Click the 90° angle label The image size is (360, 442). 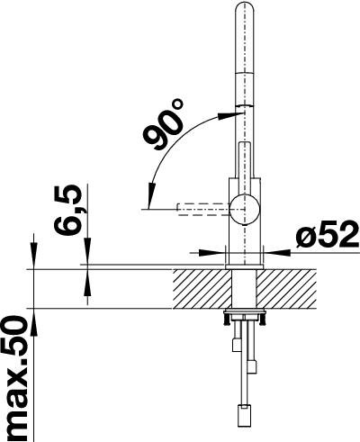[x=163, y=125]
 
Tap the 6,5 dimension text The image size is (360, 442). [x=67, y=210]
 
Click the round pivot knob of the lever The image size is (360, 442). [x=245, y=209]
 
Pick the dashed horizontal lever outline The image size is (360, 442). [x=204, y=210]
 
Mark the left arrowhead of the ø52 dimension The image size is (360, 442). [x=208, y=253]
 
